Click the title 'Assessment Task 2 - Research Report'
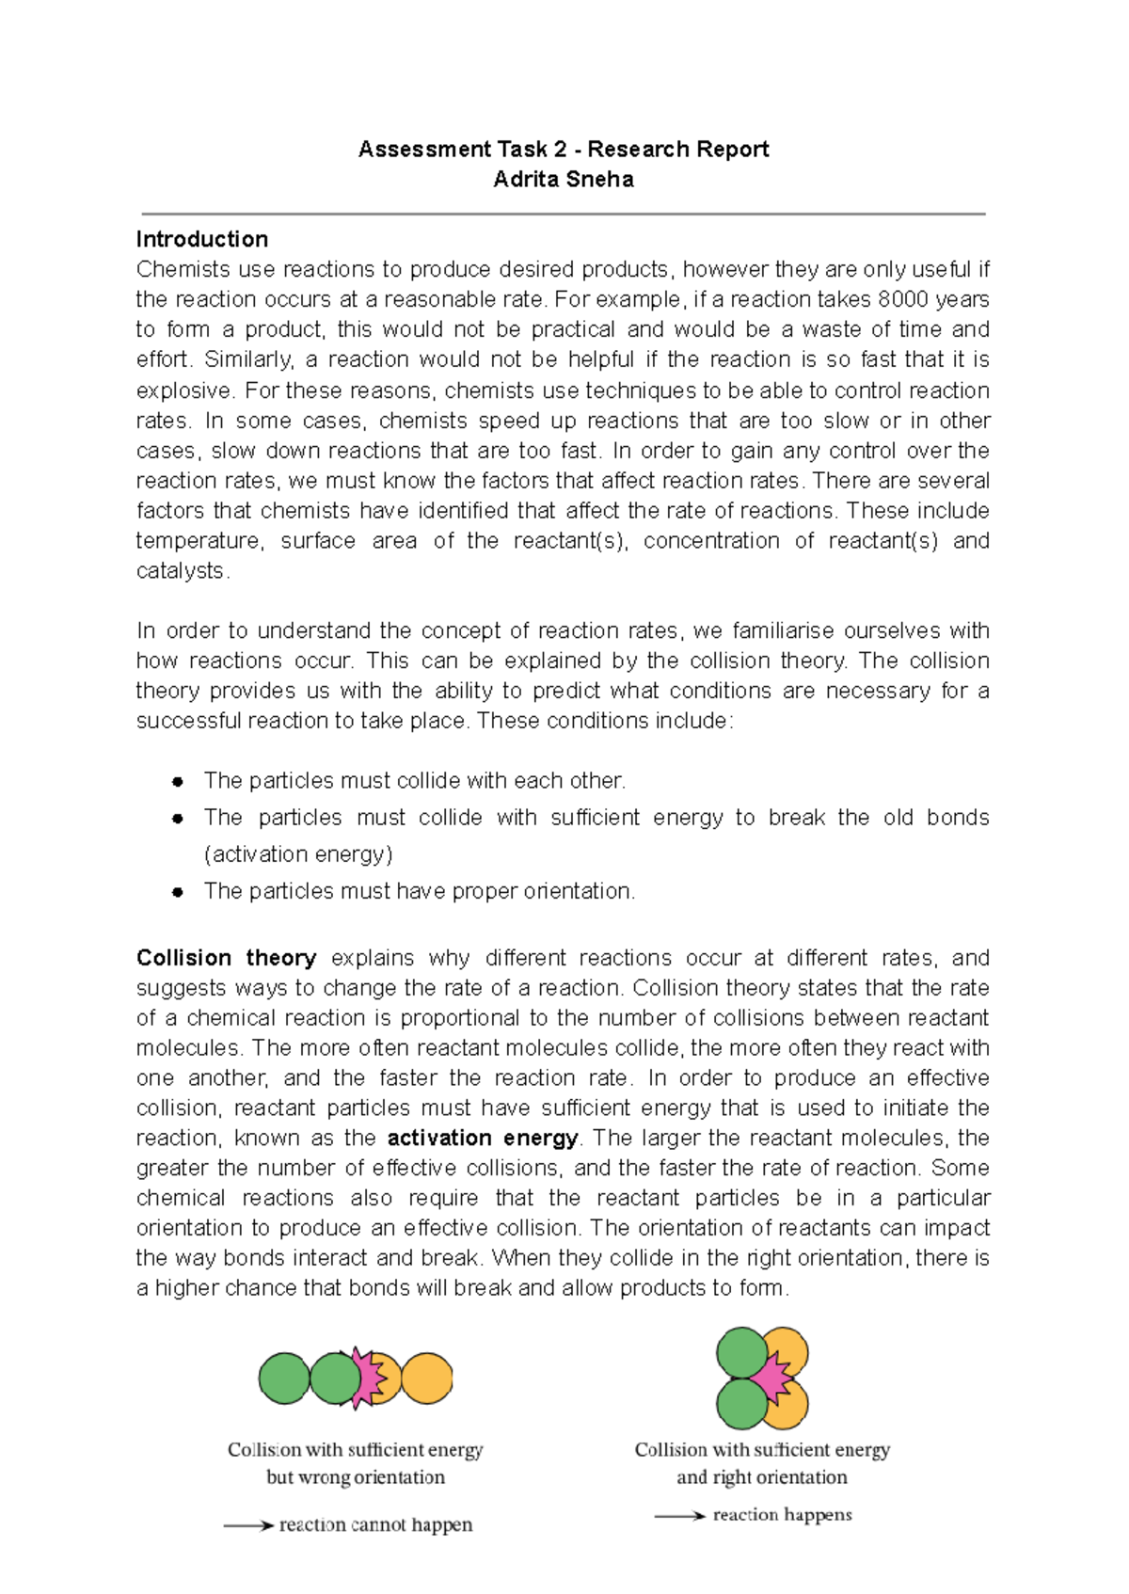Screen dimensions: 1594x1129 point(564,149)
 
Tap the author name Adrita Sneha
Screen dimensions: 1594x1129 point(564,179)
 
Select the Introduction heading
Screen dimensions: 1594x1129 point(202,239)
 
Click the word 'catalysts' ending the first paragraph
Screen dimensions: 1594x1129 point(181,571)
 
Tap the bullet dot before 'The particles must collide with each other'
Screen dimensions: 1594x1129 point(177,782)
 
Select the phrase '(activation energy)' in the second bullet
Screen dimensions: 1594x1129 point(298,854)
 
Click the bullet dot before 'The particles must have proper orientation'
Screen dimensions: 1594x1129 point(177,892)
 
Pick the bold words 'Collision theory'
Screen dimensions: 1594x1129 point(226,958)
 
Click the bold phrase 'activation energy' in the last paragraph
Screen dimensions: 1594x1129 point(483,1138)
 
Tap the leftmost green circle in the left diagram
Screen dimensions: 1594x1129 point(283,1379)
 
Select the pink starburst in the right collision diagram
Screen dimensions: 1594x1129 point(772,1379)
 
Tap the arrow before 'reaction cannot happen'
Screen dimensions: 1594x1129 point(248,1525)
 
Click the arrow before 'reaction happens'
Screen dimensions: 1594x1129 point(679,1515)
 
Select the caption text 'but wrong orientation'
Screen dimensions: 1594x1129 point(356,1477)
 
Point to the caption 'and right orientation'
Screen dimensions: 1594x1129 point(762,1477)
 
